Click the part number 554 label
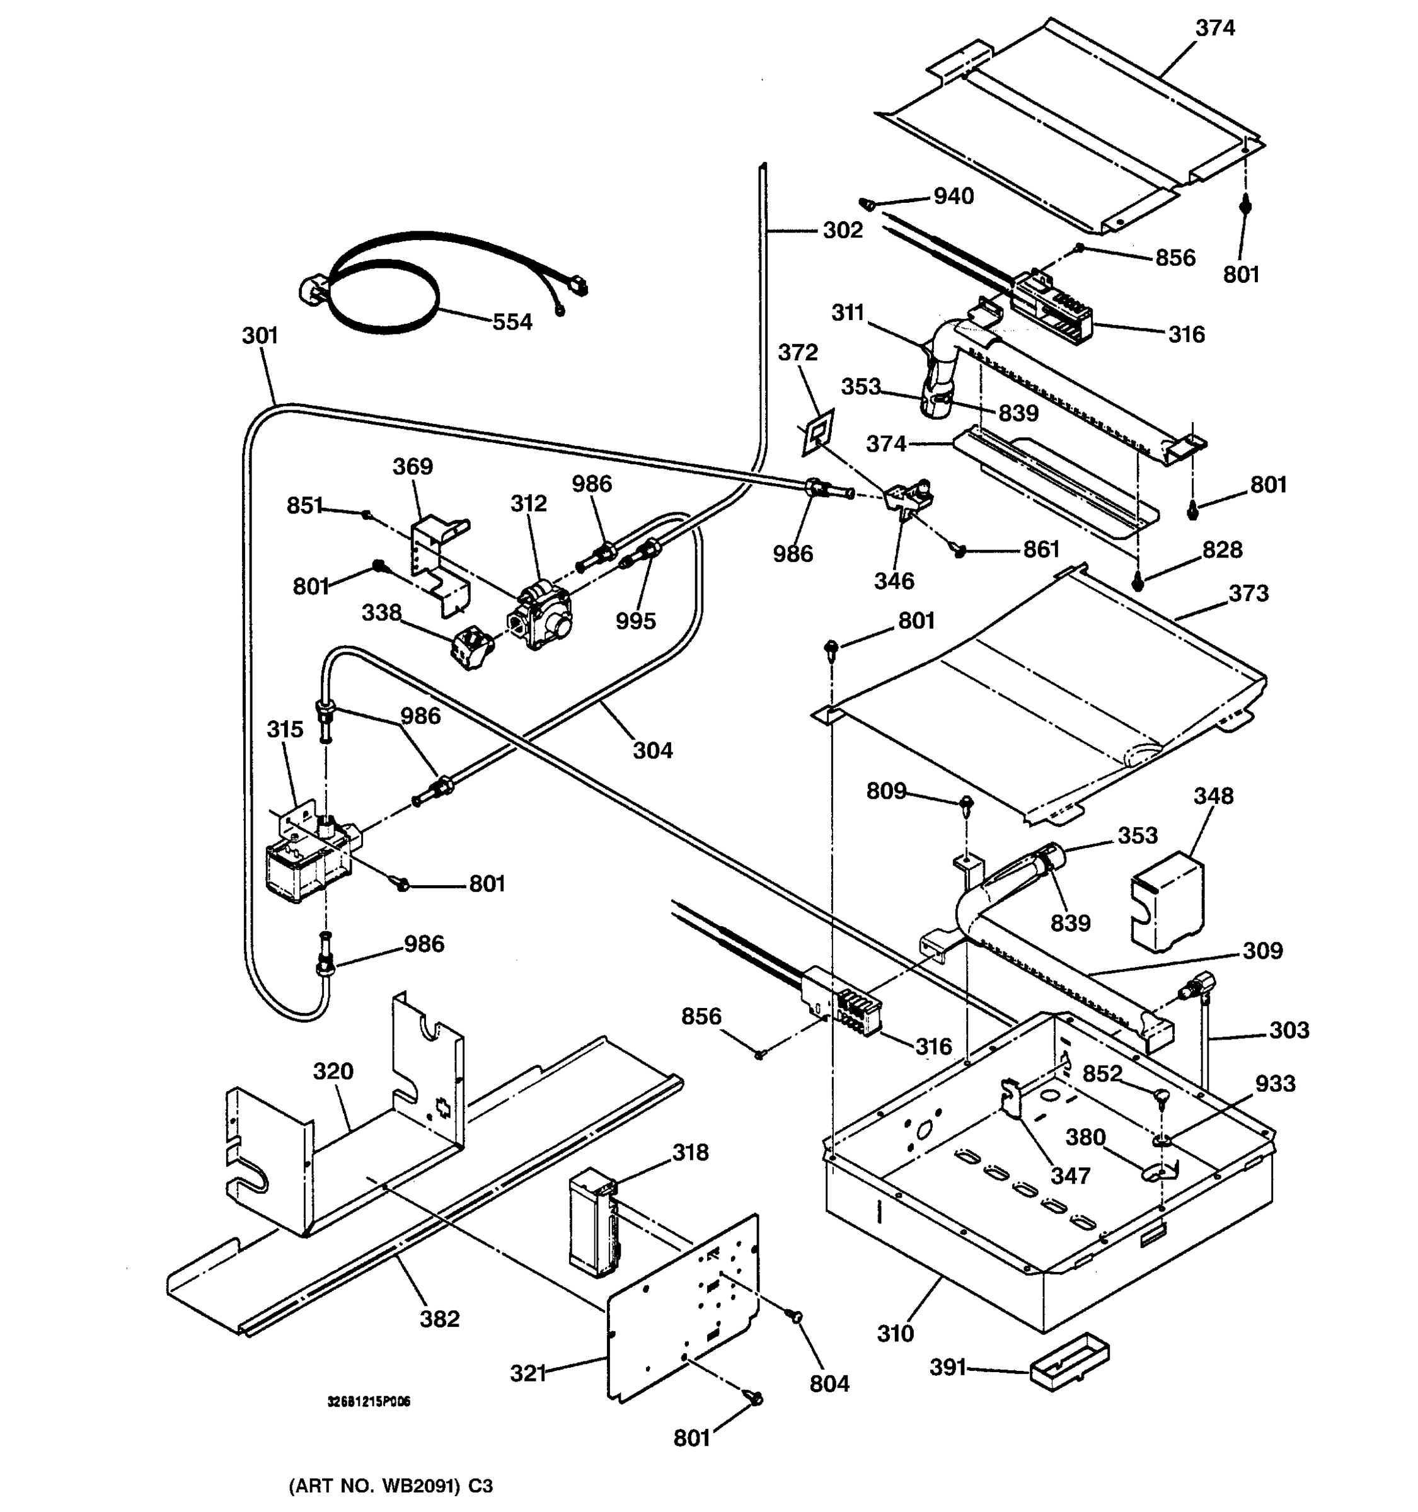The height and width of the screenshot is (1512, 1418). point(512,323)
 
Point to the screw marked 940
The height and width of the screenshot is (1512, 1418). point(866,204)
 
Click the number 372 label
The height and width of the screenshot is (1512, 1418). point(797,352)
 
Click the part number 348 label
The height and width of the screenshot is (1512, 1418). point(1213,796)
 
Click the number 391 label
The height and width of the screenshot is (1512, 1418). point(948,1368)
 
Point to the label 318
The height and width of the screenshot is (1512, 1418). point(690,1152)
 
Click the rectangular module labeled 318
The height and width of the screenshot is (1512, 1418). point(594,1225)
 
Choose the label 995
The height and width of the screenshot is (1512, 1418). point(635,621)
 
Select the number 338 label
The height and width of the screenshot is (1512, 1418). point(381,612)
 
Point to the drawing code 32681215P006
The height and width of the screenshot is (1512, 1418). point(368,1402)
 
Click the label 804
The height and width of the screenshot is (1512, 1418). point(829,1383)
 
